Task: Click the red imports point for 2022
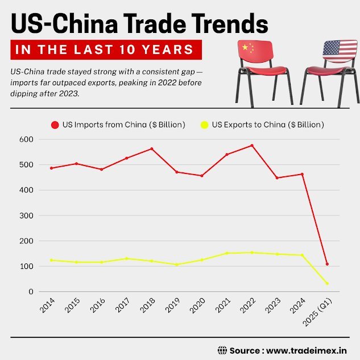pos(251,146)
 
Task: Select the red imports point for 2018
pos(152,149)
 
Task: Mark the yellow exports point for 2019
pos(177,264)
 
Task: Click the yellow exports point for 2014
pos(52,260)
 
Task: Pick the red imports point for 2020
pos(202,176)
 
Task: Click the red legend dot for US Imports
pos(55,125)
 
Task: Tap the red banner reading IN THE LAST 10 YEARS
pos(106,50)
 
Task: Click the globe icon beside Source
pos(222,349)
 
